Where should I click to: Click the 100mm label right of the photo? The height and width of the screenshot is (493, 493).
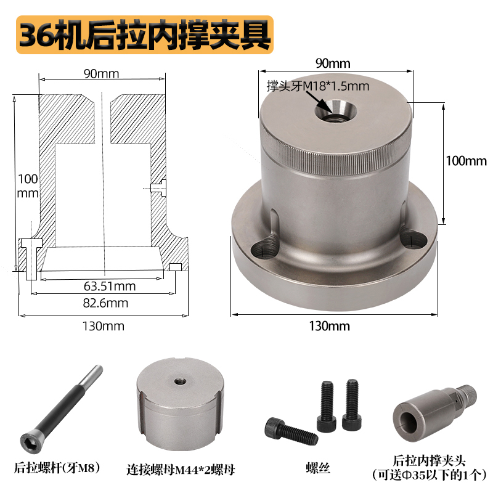[x=466, y=161]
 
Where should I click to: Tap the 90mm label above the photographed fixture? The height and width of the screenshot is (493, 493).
[x=332, y=63]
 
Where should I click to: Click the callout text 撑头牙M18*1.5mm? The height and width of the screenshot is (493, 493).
[x=317, y=86]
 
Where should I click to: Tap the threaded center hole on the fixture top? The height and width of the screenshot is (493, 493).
[x=335, y=112]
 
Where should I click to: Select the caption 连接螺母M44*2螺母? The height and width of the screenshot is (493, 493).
[x=177, y=468]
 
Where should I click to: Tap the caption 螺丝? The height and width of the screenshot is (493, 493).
[x=318, y=468]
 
